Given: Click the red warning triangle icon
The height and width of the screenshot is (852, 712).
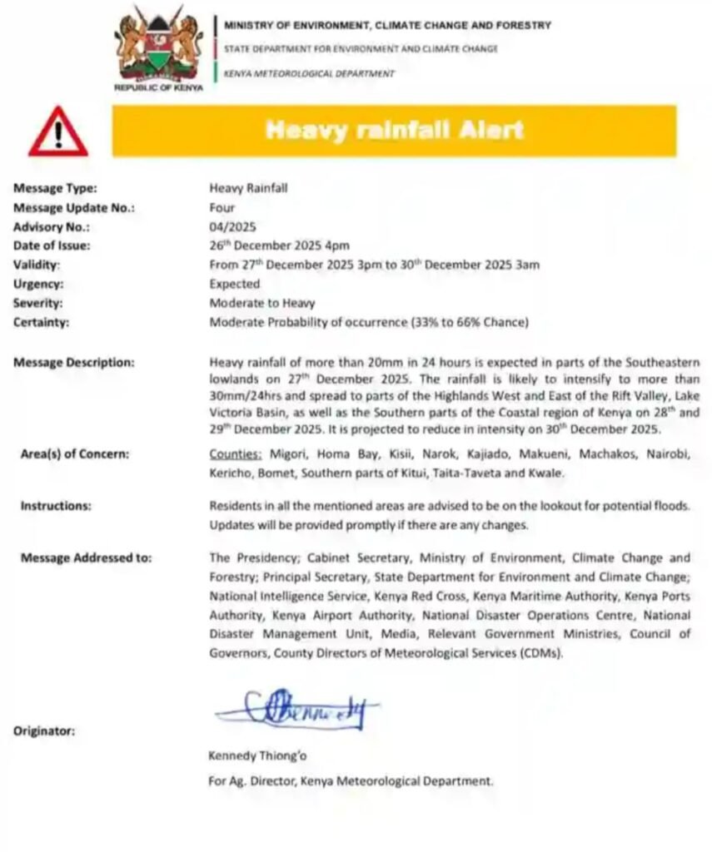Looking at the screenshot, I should coord(57,133).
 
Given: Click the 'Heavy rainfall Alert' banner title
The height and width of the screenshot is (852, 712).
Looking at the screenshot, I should coord(394,130).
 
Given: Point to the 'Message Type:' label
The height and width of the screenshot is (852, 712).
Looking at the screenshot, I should coord(55,189).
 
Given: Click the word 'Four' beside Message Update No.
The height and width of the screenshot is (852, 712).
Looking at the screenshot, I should coord(222,207).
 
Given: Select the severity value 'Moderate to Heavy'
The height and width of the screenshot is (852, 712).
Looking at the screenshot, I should coord(261,303).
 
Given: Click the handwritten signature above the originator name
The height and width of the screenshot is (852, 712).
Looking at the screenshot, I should coord(296,710).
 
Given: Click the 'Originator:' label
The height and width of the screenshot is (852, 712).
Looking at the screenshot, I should coord(44,731).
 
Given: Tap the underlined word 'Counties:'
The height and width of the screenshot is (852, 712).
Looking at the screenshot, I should coord(236,454).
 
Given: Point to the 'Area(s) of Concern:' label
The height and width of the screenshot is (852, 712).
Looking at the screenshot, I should coord(75,454).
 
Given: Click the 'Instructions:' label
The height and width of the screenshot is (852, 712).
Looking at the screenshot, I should coord(56,505).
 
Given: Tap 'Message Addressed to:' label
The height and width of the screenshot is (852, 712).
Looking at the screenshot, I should coord(86,557).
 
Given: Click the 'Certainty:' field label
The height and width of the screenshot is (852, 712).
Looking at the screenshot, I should coord(41,322).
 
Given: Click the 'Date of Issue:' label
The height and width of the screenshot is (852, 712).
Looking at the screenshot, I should coord(52,245).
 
